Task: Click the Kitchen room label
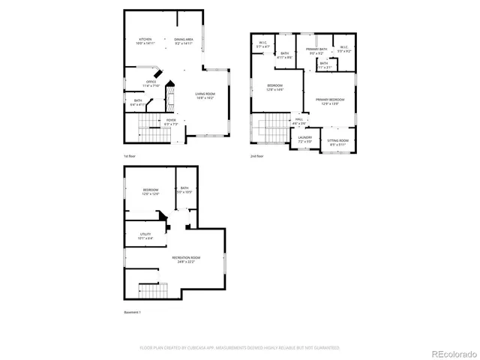pos(145,41)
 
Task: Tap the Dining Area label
pos(184,41)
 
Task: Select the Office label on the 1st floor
pos(151,83)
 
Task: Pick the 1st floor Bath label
pos(139,103)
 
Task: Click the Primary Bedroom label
pos(330,101)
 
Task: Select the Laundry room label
pos(304,139)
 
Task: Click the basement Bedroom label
pos(151,192)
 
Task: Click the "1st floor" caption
pos(130,156)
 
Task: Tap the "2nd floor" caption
pos(257,156)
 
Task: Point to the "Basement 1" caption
pos(132,312)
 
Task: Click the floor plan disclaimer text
pos(240,348)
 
